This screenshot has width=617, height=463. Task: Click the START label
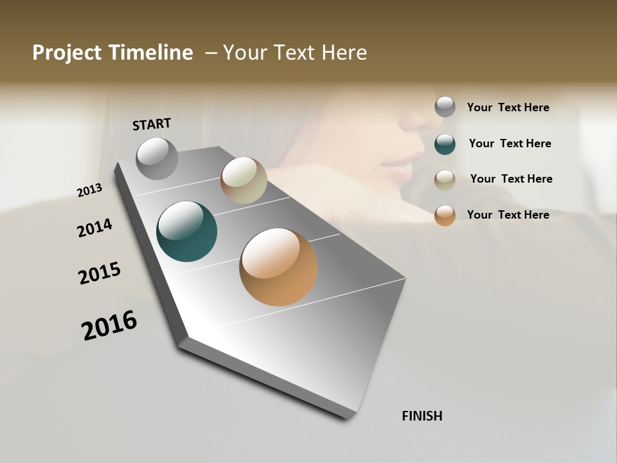pyautogui.click(x=152, y=124)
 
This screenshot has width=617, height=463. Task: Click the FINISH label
pyautogui.click(x=422, y=416)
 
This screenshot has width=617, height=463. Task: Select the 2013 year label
pyautogui.click(x=89, y=190)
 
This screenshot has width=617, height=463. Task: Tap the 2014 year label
pyautogui.click(x=94, y=228)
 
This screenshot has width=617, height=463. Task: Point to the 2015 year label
pyautogui.click(x=100, y=273)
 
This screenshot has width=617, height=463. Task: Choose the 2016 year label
pyautogui.click(x=109, y=325)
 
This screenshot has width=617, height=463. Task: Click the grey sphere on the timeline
pyautogui.click(x=157, y=158)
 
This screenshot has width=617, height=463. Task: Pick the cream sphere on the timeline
pyautogui.click(x=244, y=180)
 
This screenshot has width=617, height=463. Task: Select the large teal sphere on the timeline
pyautogui.click(x=186, y=232)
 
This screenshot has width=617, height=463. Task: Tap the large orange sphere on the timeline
pyautogui.click(x=278, y=267)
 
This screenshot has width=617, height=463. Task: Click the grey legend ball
pyautogui.click(x=445, y=107)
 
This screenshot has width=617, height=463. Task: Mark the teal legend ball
pyautogui.click(x=445, y=144)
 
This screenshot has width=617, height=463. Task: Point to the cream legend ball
pyautogui.click(x=445, y=180)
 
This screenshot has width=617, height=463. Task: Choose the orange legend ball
pyautogui.click(x=445, y=215)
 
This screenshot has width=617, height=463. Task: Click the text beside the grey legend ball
pyautogui.click(x=508, y=108)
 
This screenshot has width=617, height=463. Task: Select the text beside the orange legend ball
pyautogui.click(x=508, y=215)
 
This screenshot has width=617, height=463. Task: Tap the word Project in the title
pyautogui.click(x=67, y=53)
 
